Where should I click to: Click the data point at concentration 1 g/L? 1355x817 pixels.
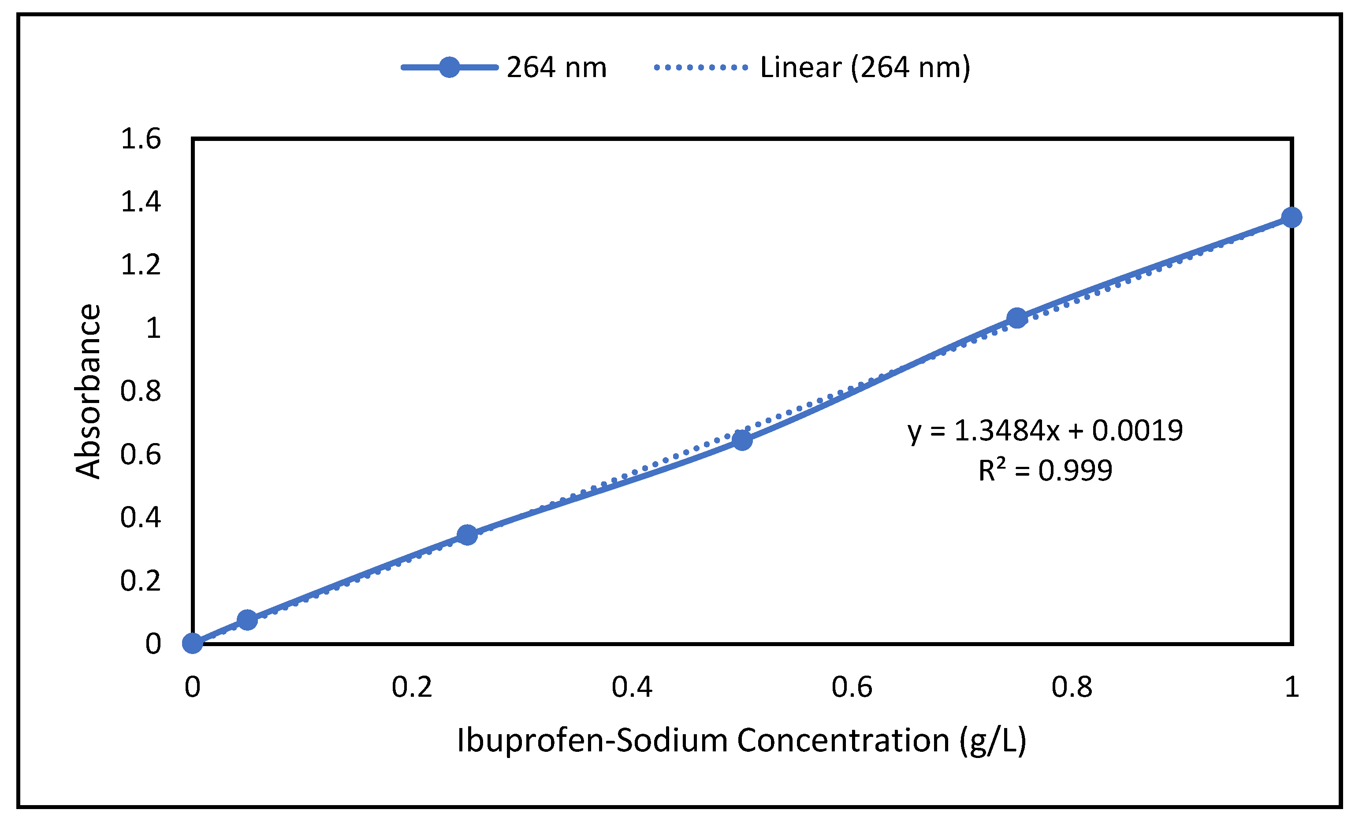coord(1291,218)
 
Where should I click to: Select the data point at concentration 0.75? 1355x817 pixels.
coord(1017,318)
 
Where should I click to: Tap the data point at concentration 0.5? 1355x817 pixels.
coord(742,440)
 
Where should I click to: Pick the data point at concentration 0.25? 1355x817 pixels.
coord(467,535)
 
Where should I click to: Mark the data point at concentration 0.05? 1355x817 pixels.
coord(247,620)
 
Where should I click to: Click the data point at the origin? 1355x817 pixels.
coord(193,643)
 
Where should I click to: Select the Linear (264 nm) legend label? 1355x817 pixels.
coord(865,67)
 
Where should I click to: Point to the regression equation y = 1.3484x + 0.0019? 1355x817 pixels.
coord(1045,430)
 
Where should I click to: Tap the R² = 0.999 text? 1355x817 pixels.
coord(1045,470)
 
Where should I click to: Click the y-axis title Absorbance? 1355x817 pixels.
coord(88,391)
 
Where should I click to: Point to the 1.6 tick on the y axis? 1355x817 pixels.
coord(141,138)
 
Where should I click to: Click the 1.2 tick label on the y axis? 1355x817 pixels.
coord(141,265)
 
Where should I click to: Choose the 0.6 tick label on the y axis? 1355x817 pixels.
coord(141,455)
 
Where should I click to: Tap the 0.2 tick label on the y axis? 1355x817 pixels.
coord(141,581)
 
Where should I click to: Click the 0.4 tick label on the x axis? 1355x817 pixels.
coord(632,687)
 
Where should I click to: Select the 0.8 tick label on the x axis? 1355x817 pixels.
coord(1072,687)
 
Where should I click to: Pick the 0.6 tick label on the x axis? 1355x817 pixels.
coord(852,687)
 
